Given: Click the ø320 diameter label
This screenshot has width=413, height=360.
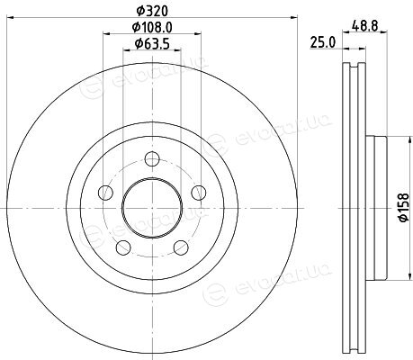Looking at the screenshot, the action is tap(152, 11).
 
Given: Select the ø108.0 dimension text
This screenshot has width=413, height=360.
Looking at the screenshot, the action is tap(152, 28).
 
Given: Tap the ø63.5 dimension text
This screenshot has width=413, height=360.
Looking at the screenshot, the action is tap(152, 44).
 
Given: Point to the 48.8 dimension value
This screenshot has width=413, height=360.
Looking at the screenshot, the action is tap(364, 25).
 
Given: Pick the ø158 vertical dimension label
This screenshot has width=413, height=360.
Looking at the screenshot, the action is tap(404, 207).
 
